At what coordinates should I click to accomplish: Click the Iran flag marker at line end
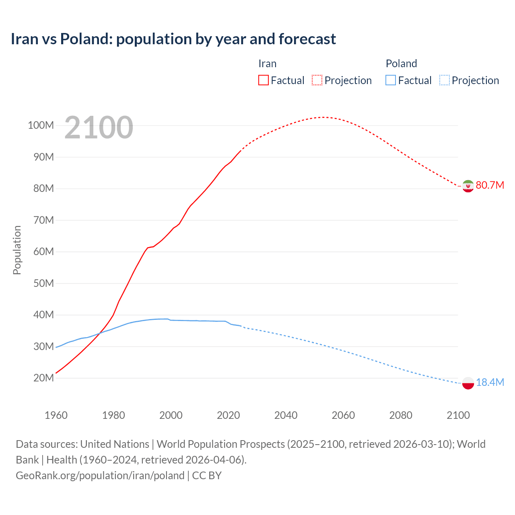[468, 186]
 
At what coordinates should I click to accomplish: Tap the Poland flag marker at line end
[468, 383]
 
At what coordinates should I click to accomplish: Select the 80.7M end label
[490, 185]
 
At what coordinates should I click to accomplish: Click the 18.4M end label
[490, 382]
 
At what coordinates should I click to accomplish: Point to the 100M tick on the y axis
[41, 125]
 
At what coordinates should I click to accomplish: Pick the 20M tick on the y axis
[43, 378]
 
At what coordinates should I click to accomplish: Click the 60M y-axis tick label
[43, 251]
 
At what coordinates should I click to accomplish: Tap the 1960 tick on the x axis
[56, 415]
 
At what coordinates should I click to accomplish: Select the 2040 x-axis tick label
[286, 415]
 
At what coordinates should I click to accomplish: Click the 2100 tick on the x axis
[458, 415]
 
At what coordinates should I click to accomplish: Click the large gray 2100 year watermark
[99, 128]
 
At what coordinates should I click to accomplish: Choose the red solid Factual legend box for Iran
[263, 80]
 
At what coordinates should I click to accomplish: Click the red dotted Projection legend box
[317, 80]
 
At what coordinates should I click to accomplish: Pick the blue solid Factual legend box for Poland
[391, 80]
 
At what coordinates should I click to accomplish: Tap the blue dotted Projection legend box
[444, 80]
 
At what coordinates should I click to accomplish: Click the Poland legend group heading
[401, 64]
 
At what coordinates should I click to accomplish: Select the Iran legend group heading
[267, 64]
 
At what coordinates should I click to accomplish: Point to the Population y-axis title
[17, 250]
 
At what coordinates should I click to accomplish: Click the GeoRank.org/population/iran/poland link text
[100, 476]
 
